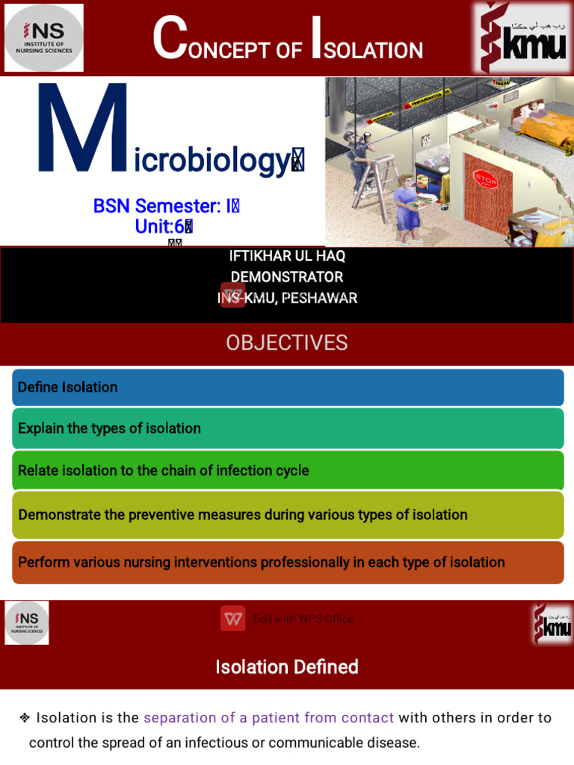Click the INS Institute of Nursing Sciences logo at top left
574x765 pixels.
pos(44,37)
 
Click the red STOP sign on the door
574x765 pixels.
pos(485,180)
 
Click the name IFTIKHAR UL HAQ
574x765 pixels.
pos(287,256)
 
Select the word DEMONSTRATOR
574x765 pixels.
pos(287,277)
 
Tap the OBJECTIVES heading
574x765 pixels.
pos(287,343)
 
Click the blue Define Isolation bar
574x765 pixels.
pos(288,387)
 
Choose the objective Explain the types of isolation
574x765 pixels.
pos(288,429)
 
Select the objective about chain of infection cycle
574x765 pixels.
pos(288,471)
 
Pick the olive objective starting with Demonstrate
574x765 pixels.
pos(288,515)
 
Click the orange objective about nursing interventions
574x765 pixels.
pos(288,562)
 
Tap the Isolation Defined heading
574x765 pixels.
pos(287,666)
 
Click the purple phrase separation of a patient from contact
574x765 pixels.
pos(268,718)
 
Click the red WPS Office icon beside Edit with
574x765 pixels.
pos(232,619)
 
